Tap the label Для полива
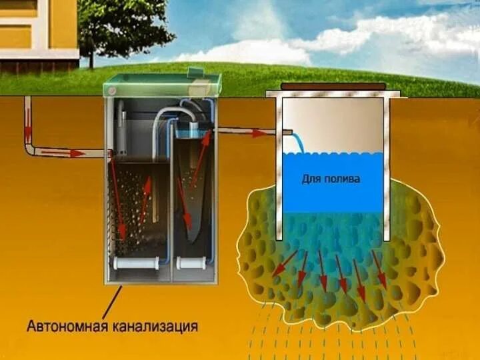pyautogui.click(x=332, y=179)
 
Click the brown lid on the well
pyautogui.click(x=333, y=86)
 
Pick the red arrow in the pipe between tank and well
pyautogui.click(x=257, y=133)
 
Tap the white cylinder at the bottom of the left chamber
pyautogui.click(x=136, y=263)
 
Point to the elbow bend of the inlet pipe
pyautogui.click(x=31, y=151)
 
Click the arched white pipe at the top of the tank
pyautogui.click(x=174, y=113)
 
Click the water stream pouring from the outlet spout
pyautogui.click(x=298, y=142)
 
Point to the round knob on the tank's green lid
pyautogui.click(x=113, y=87)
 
